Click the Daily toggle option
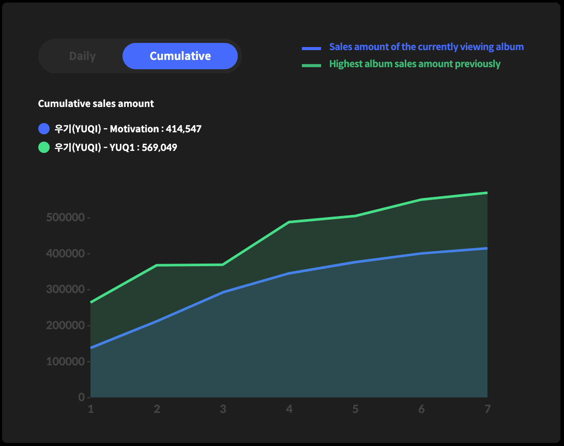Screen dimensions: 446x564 pyautogui.click(x=82, y=56)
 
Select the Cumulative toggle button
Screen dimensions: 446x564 pyautogui.click(x=180, y=56)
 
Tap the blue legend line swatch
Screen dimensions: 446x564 pyautogui.click(x=311, y=49)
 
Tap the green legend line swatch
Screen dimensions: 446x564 pyautogui.click(x=311, y=65)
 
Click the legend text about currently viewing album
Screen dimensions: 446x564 pyautogui.click(x=426, y=47)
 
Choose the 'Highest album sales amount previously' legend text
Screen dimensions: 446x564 pyautogui.click(x=415, y=64)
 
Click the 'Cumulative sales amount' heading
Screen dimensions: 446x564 pyautogui.click(x=96, y=103)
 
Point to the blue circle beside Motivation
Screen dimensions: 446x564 pyautogui.click(x=44, y=129)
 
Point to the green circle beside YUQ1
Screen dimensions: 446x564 pyautogui.click(x=44, y=147)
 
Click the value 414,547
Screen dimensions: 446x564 pyautogui.click(x=184, y=129)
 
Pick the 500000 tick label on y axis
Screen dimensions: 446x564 pyautogui.click(x=65, y=218)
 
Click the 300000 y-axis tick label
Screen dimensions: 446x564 pyautogui.click(x=65, y=289)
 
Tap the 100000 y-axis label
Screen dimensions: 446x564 pyautogui.click(x=65, y=361)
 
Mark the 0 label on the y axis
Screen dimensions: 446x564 pyautogui.click(x=81, y=397)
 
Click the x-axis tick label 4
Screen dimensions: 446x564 pyautogui.click(x=289, y=409)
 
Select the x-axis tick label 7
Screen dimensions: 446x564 pyautogui.click(x=487, y=409)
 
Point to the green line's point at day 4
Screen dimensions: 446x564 pyautogui.click(x=289, y=222)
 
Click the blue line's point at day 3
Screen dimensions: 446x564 pyautogui.click(x=223, y=292)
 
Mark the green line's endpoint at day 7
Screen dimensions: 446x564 pyautogui.click(x=487, y=193)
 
